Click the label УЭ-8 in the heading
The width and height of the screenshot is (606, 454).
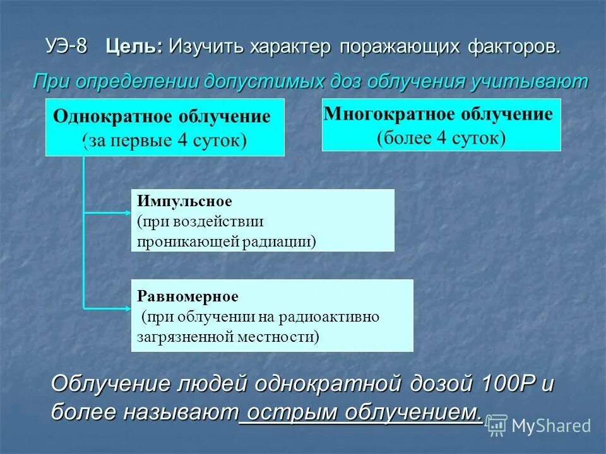coord(66,47)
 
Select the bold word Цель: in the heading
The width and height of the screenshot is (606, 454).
coord(134,47)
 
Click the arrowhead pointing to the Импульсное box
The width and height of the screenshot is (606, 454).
coord(126,213)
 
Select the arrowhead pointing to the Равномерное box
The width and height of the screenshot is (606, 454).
coord(126,308)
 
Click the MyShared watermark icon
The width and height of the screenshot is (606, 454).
coord(497,426)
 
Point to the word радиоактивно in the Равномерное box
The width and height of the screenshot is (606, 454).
coord(340,316)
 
